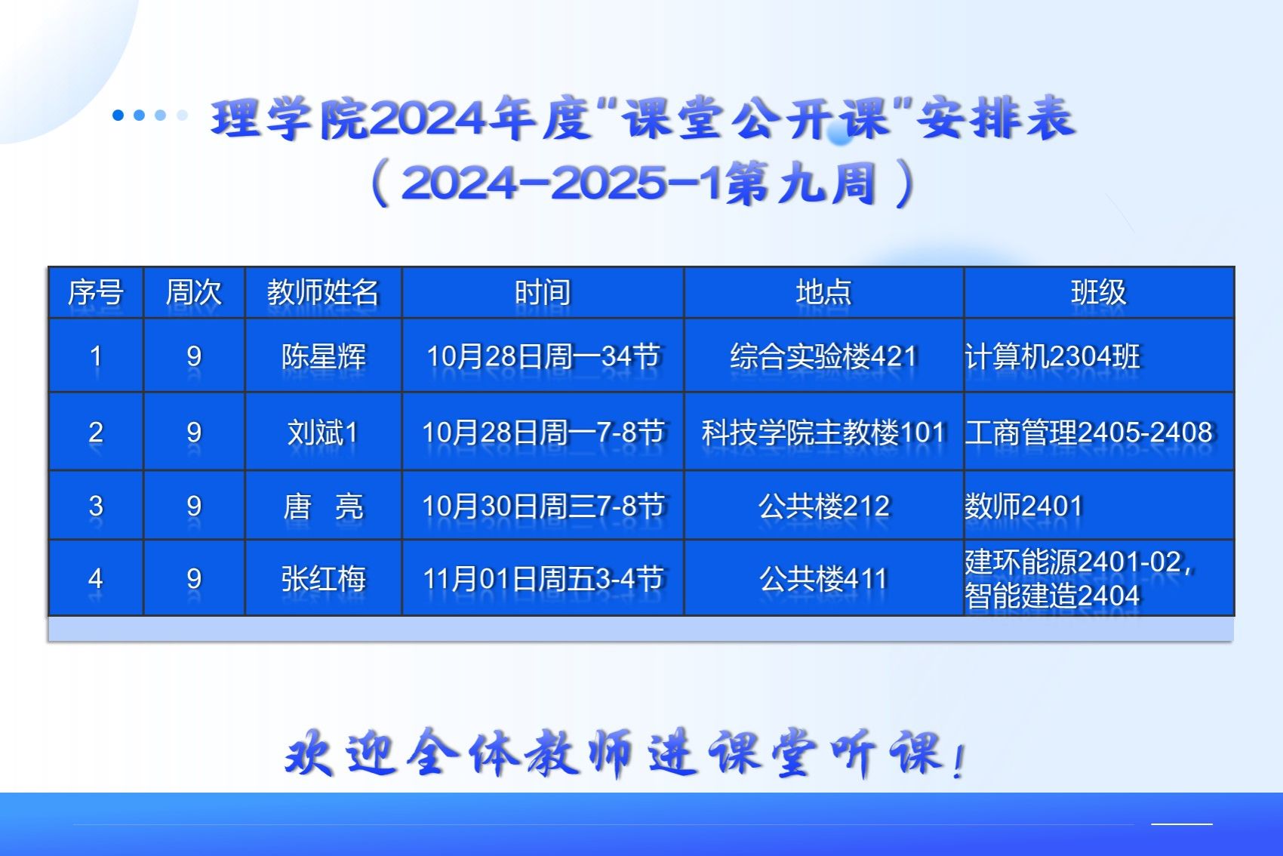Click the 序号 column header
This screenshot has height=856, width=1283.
96,292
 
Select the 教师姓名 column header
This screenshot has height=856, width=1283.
323,292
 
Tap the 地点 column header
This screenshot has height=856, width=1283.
823,292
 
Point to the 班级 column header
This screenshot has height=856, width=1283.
1099,292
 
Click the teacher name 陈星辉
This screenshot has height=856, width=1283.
324,356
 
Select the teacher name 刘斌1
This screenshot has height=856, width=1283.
323,432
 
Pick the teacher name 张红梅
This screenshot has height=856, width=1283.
324,578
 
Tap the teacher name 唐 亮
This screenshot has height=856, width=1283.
324,507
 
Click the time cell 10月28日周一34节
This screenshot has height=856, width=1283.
543,356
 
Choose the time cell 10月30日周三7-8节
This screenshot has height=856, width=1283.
543,507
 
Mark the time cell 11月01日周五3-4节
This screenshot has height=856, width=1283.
543,578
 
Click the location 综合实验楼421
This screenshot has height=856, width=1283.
823,356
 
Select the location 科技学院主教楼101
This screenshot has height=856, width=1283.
823,432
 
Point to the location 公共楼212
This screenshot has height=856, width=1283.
823,507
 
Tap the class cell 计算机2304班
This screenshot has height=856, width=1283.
1053,356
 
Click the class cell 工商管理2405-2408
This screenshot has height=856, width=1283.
1089,432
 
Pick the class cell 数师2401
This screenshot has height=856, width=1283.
1023,507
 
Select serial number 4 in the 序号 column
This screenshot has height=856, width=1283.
96,579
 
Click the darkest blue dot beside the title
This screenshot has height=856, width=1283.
118,115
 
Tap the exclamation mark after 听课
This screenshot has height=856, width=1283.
959,761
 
